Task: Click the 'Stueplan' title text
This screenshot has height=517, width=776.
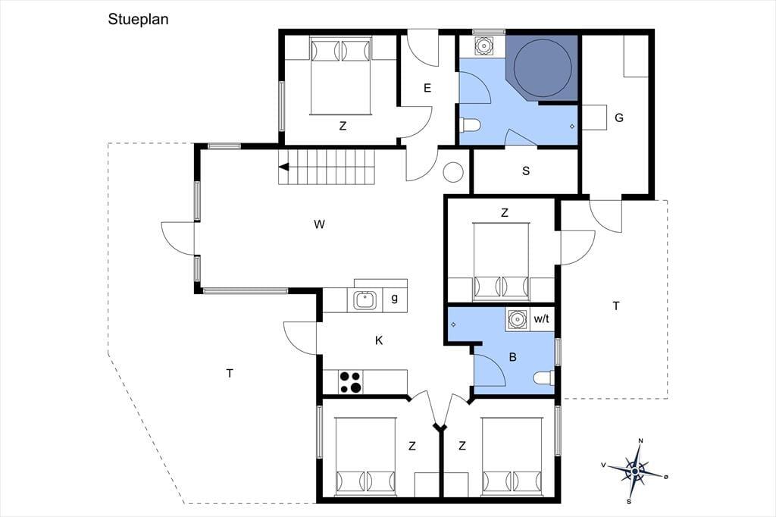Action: [138, 19]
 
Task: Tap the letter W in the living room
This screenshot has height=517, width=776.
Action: [319, 224]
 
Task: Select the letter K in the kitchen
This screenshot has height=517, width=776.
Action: [379, 340]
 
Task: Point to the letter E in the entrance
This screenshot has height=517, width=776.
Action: [427, 88]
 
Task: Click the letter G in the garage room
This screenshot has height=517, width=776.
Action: [618, 117]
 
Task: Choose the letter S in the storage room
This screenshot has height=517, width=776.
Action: [526, 171]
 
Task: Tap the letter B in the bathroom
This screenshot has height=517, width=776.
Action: [513, 356]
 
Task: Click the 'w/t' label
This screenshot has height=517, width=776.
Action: [541, 319]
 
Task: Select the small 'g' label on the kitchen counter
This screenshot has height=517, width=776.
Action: [394, 298]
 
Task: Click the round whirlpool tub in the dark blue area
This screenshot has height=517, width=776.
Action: [543, 67]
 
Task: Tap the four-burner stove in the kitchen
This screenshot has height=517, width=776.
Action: [350, 382]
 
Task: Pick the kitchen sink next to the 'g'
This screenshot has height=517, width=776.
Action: [365, 300]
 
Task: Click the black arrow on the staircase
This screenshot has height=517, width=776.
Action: [284, 168]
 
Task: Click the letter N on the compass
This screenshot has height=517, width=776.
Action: [640, 440]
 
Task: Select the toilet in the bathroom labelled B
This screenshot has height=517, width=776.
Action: [544, 378]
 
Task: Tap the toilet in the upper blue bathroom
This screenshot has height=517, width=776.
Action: [470, 125]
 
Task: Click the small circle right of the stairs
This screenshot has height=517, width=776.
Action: [453, 172]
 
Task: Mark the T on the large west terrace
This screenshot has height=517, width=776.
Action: [230, 374]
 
